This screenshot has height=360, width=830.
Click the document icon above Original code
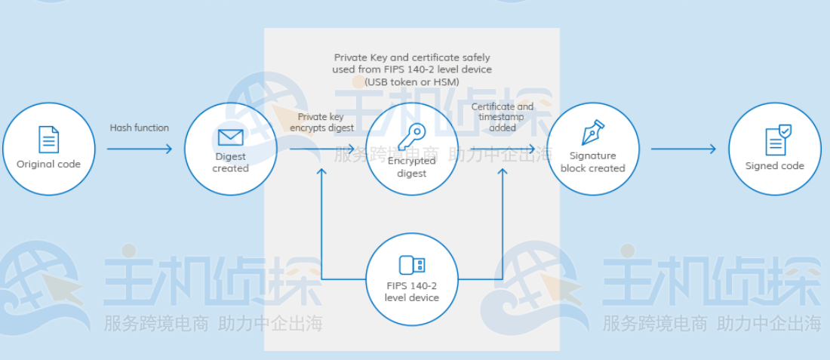(49, 139)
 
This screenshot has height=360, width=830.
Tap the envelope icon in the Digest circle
(231, 137)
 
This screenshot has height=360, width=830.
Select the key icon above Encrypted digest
(412, 137)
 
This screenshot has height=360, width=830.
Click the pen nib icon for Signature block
(593, 133)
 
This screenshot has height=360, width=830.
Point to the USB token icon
(412, 265)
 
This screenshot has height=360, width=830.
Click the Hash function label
(140, 128)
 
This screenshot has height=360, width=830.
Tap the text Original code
(49, 164)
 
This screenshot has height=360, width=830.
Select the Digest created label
(231, 162)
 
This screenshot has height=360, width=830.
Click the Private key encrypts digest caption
(322, 122)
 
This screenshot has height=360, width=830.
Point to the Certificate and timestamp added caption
(503, 117)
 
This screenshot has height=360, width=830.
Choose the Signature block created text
(593, 162)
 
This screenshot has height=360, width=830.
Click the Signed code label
(774, 166)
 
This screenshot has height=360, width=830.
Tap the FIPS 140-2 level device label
(412, 292)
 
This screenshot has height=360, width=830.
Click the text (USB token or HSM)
(412, 82)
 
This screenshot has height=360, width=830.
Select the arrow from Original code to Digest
(140, 149)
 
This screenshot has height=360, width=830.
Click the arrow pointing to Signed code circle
(684, 149)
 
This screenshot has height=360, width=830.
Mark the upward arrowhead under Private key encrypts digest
(322, 171)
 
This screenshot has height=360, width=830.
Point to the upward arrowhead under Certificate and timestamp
(503, 171)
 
